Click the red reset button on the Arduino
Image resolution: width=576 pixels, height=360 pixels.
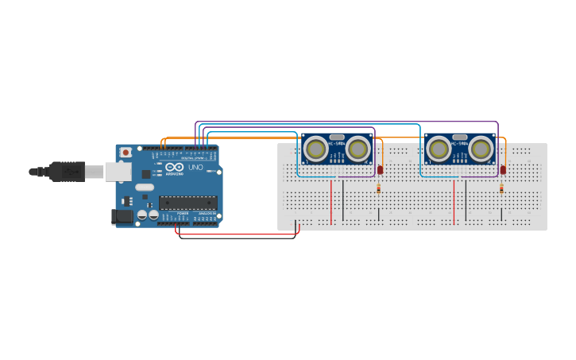pos(125,153)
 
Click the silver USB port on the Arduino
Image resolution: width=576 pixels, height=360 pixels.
pos(118,171)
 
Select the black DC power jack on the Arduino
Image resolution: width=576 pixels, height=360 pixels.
pos(123,215)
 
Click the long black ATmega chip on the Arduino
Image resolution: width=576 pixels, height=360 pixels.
pos(187,202)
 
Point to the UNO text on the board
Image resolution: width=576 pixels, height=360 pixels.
pos(195,167)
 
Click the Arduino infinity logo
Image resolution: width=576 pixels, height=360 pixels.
pos(175,166)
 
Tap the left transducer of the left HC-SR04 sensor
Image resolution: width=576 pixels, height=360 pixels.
pos(316,149)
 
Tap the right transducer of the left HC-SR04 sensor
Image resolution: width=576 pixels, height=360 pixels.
pos(358,149)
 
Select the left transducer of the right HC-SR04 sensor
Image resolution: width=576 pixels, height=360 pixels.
pos(439,149)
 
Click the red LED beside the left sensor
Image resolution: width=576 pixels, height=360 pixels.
pos(380,169)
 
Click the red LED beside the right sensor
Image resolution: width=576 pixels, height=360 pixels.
pos(503,169)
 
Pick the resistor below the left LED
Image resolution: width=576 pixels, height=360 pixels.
pos(378,189)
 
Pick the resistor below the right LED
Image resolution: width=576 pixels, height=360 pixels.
pos(501,189)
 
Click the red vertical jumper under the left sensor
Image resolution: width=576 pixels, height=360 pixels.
pos(331,202)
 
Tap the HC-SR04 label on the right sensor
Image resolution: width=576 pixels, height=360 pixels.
pos(459,143)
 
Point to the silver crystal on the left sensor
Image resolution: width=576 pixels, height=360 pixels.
pos(337,137)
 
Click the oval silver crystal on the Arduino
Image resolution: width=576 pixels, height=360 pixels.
pos(145,188)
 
